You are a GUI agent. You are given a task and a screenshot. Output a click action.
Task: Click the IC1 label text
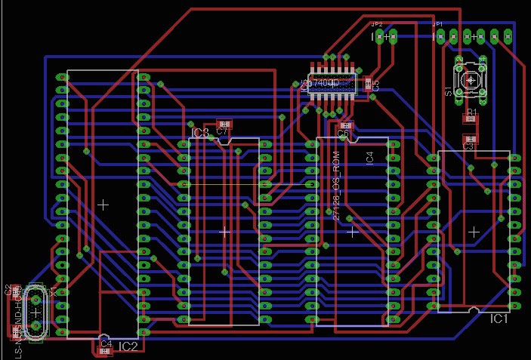click(499, 319)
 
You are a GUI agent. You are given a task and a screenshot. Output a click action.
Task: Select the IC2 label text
click(128, 346)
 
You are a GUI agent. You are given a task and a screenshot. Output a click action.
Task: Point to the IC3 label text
click(199, 133)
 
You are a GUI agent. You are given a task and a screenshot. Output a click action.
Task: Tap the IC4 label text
click(369, 157)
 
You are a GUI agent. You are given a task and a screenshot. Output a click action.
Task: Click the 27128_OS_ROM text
click(337, 185)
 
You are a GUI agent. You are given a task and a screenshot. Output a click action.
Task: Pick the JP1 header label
click(437, 24)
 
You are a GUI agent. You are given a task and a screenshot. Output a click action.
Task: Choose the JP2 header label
click(377, 24)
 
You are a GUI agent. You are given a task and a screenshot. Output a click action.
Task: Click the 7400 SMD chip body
click(332, 82)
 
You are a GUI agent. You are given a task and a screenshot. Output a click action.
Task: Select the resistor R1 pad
click(471, 118)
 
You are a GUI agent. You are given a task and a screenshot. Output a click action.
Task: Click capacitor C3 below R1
click(470, 139)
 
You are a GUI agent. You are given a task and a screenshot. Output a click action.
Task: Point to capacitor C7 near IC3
click(223, 125)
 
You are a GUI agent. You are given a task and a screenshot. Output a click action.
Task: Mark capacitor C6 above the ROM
click(346, 126)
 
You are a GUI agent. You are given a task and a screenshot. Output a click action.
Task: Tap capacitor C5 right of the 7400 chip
click(369, 84)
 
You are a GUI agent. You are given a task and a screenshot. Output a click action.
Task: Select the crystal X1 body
click(35, 311)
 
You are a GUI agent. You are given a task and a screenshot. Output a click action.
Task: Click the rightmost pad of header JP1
click(508, 35)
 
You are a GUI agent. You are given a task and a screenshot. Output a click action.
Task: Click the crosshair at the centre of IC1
click(474, 232)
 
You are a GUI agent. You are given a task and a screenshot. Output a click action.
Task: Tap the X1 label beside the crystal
click(53, 293)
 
